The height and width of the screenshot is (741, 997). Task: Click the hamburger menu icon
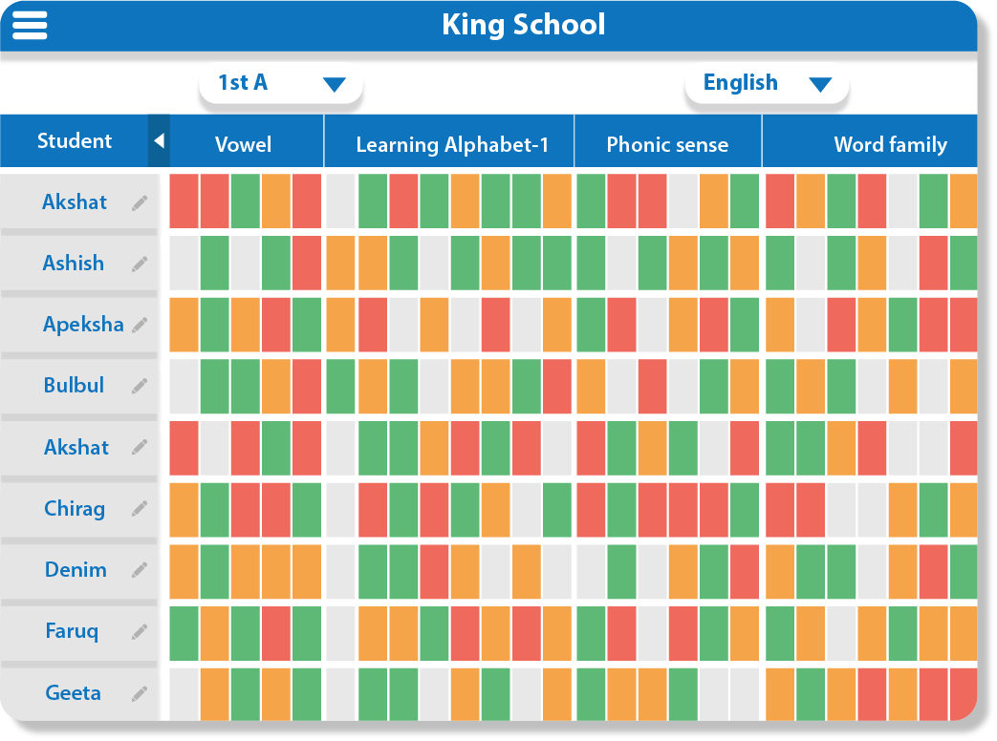pyautogui.click(x=30, y=25)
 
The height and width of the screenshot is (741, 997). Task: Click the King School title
pyautogui.click(x=523, y=24)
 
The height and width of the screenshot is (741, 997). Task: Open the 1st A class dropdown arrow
pyautogui.click(x=334, y=84)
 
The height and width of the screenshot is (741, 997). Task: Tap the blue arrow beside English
pyautogui.click(x=819, y=84)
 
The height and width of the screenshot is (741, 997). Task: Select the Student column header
pyautogui.click(x=75, y=141)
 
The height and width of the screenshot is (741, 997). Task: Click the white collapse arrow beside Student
pyautogui.click(x=159, y=141)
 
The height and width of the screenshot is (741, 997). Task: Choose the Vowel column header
pyautogui.click(x=243, y=144)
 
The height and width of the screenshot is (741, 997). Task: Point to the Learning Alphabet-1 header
pyautogui.click(x=452, y=144)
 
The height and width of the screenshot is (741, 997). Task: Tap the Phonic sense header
pyautogui.click(x=667, y=144)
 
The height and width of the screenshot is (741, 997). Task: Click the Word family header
pyautogui.click(x=890, y=144)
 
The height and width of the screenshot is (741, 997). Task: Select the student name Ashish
pyautogui.click(x=74, y=263)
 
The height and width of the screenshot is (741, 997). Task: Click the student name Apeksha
pyautogui.click(x=83, y=324)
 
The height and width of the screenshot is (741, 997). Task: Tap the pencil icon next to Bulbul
pyautogui.click(x=141, y=386)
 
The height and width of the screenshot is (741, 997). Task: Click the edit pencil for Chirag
pyautogui.click(x=141, y=508)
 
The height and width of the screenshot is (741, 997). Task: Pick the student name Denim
pyautogui.click(x=76, y=570)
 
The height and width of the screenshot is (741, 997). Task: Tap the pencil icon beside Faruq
pyautogui.click(x=141, y=631)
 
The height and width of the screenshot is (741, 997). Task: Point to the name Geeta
pyautogui.click(x=74, y=692)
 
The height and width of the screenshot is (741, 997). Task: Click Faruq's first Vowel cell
pyautogui.click(x=184, y=633)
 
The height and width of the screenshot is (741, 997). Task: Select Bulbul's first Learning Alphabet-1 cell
pyautogui.click(x=340, y=386)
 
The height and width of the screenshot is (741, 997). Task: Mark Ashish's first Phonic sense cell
pyautogui.click(x=591, y=263)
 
